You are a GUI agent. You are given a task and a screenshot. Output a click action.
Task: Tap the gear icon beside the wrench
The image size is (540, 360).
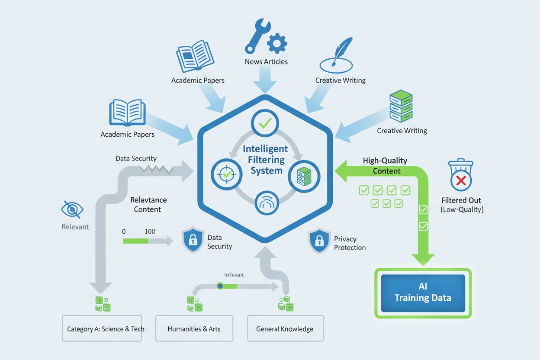pos(277,44)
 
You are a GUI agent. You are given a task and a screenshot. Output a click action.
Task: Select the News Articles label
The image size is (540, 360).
pos(266,61)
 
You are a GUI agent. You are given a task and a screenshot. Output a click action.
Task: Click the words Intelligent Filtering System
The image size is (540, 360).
pos(266,159)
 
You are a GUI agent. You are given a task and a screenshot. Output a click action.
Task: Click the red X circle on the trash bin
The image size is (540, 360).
pos(461,180)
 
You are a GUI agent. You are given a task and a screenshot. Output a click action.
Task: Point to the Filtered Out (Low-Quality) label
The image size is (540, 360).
pos(461,205)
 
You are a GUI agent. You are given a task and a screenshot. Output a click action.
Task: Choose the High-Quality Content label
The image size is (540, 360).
pos(385,166)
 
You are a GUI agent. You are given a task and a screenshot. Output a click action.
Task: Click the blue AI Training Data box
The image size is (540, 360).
pos(423,293)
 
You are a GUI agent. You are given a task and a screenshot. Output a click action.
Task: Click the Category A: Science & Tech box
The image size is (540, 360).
pos(102,329)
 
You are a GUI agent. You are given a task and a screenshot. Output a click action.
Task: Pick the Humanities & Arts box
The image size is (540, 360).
pos(194,329)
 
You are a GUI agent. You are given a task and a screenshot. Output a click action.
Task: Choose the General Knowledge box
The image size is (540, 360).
pos(285,329)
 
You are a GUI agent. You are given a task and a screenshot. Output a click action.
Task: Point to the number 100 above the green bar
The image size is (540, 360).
pos(150,231)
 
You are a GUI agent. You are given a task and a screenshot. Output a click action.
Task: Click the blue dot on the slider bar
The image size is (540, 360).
pos(220,286)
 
